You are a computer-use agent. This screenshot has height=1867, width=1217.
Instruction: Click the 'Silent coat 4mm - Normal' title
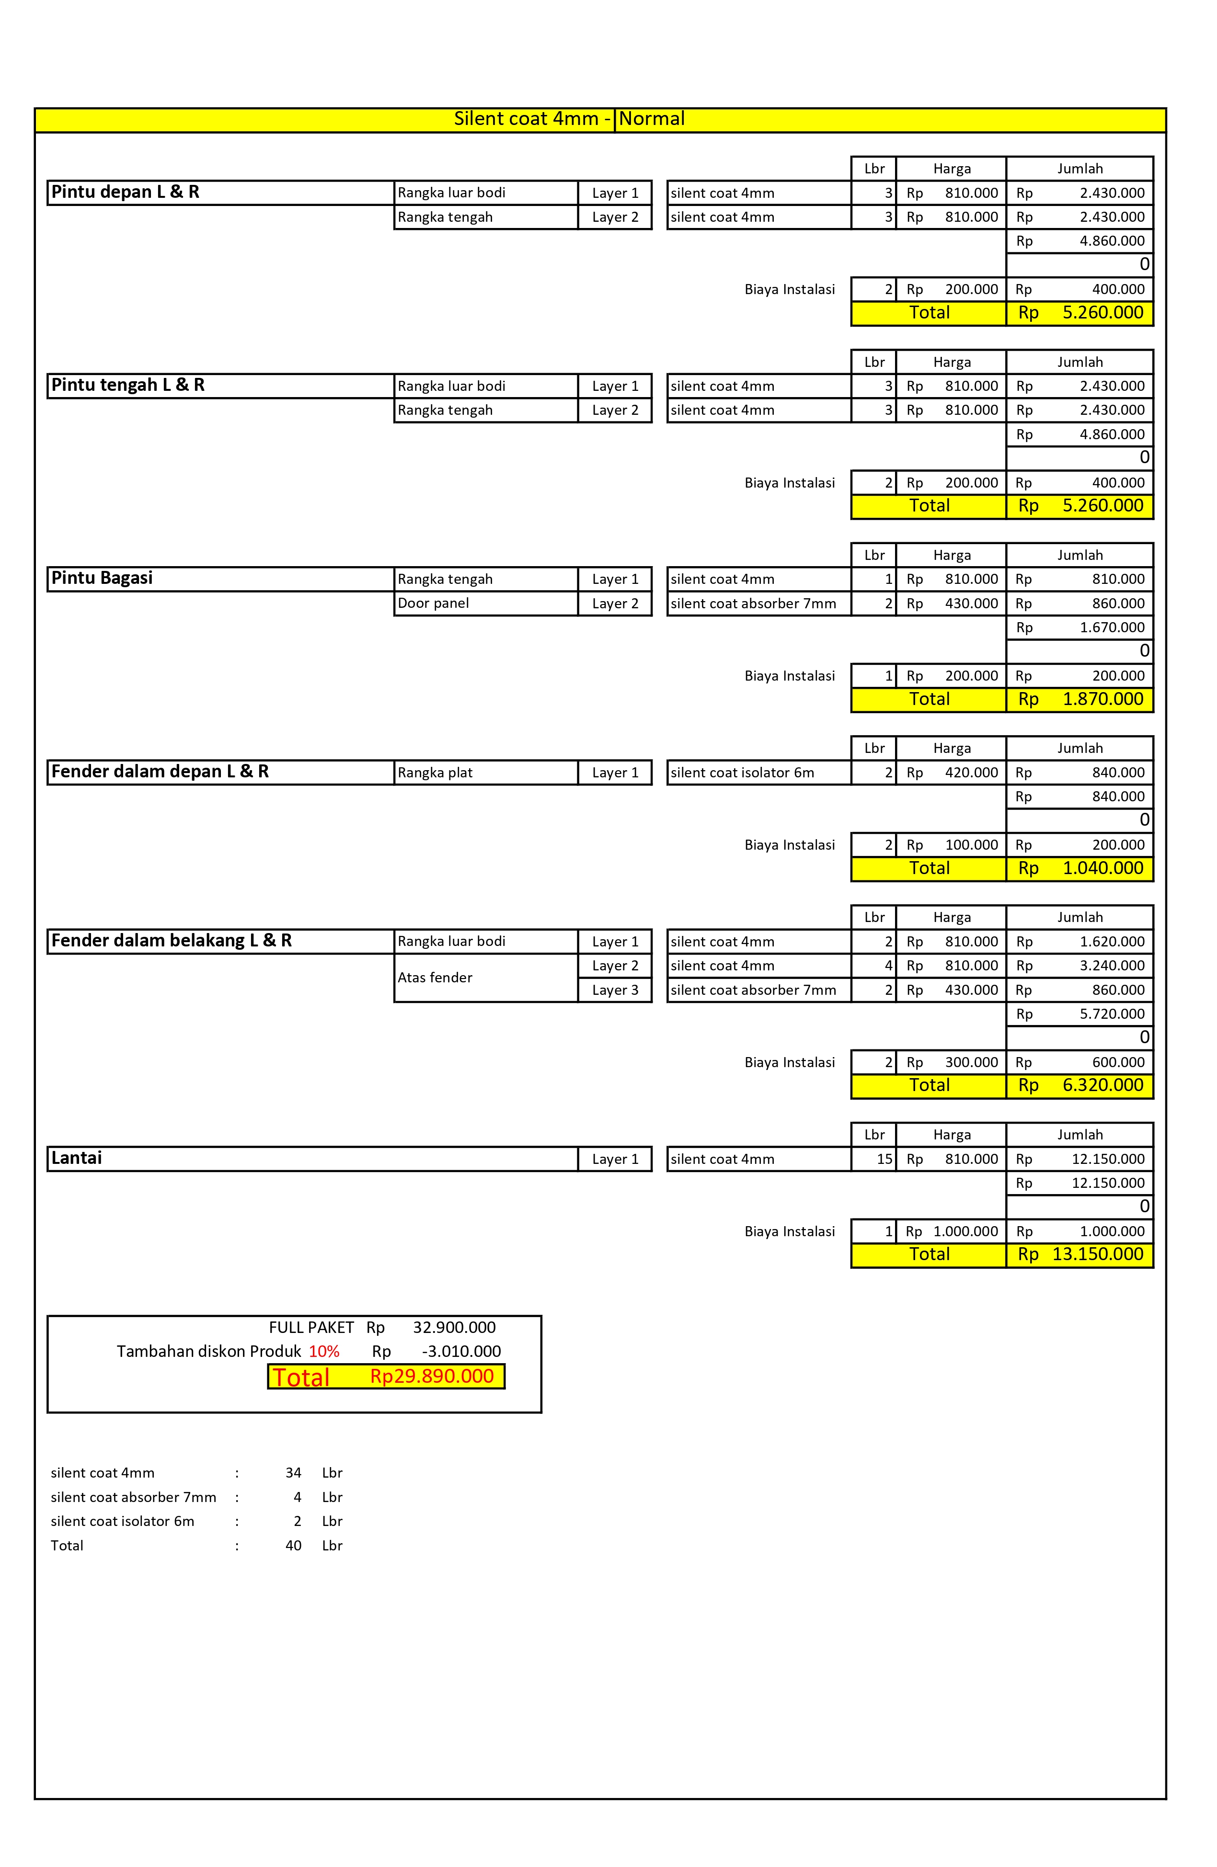(569, 119)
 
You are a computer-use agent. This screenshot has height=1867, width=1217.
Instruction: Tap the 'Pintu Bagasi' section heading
(102, 578)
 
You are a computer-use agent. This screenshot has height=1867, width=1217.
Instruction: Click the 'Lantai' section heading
(76, 1158)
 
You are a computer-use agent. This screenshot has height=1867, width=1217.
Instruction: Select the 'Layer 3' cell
(615, 990)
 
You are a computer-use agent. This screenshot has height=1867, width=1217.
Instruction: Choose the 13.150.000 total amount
(1097, 1254)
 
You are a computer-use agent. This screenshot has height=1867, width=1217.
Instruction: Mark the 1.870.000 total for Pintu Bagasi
(1102, 699)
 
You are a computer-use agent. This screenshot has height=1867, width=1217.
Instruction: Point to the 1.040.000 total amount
(1102, 868)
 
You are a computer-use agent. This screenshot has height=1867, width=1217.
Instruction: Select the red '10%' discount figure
(324, 1352)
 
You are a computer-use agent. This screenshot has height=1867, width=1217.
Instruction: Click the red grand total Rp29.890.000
(432, 1377)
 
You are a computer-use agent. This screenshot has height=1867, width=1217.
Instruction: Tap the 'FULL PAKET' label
(311, 1327)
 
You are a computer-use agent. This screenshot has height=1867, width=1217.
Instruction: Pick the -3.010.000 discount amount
(461, 1352)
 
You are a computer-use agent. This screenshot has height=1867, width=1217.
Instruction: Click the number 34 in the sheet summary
(293, 1473)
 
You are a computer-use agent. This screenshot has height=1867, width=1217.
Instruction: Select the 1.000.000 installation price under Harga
(965, 1231)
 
